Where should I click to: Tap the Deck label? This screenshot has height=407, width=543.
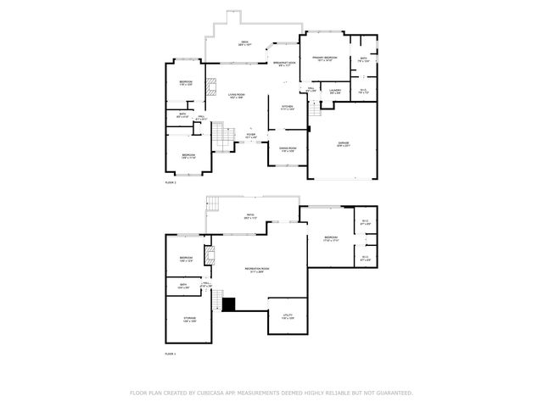pos(244,42)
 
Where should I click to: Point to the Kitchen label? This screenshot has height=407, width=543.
pos(288,108)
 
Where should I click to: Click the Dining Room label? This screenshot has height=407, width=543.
pos(288,149)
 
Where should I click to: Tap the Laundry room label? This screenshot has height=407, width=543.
pos(335,90)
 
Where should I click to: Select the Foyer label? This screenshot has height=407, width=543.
pos(251,135)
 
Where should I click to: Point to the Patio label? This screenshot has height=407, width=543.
pos(251,216)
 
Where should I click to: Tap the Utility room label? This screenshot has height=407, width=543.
pos(288,316)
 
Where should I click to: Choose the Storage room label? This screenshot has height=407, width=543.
pos(189,320)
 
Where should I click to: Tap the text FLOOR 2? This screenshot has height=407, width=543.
pos(171,182)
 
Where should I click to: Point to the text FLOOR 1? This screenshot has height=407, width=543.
pos(171,353)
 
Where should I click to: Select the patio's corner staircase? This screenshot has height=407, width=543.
pos(216,204)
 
